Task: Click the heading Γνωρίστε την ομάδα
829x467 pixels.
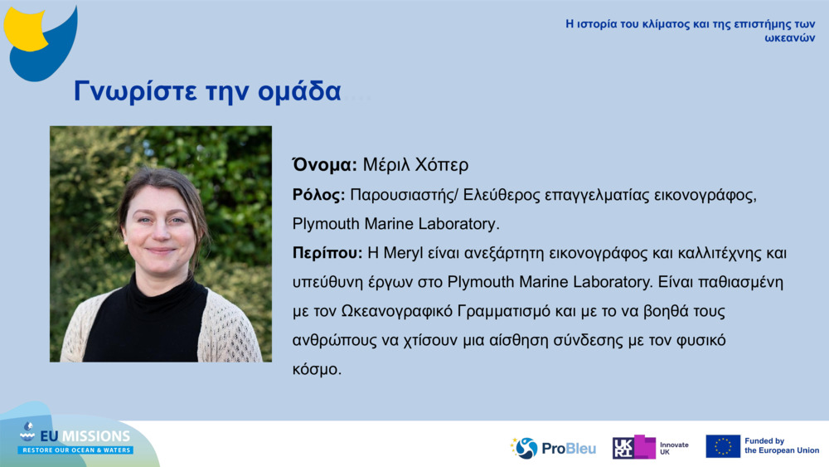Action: click(x=207, y=91)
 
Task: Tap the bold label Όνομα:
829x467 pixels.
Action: click(x=325, y=164)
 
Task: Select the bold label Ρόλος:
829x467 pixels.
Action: click(x=318, y=195)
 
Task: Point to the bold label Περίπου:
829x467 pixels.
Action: click(x=327, y=253)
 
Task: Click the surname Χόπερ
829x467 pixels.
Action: click(x=442, y=165)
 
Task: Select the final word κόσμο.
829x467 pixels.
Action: click(x=317, y=369)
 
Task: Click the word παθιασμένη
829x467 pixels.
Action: click(x=740, y=282)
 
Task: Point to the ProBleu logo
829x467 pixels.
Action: click(x=553, y=448)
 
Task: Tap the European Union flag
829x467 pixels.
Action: click(x=723, y=446)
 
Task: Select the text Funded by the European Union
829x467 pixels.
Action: click(x=782, y=445)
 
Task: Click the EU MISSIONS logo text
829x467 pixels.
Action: click(x=85, y=435)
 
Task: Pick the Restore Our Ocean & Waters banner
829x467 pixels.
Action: click(x=75, y=450)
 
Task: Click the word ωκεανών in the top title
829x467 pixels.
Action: click(x=790, y=38)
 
